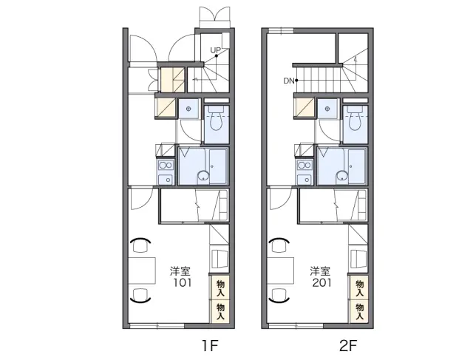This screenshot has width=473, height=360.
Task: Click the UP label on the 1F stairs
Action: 215,50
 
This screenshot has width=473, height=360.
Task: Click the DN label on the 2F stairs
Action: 289,81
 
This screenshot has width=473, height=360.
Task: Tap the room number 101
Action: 183,282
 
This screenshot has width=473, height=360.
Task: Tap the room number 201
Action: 322,282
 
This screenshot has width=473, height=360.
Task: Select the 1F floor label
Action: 210,345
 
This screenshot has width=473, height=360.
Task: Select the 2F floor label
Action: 348,345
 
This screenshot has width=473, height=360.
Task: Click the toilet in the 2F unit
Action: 355,118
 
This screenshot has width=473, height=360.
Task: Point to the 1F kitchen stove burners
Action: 166,165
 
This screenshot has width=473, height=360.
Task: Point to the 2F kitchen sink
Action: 304,180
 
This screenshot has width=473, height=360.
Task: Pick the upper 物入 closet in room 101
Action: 220,288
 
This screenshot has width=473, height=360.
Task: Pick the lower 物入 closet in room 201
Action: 359,312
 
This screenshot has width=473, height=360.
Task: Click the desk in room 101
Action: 142,271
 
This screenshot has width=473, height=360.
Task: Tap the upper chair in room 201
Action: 279,245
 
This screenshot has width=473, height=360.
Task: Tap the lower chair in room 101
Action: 140,295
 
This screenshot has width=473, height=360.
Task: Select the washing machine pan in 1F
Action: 189,109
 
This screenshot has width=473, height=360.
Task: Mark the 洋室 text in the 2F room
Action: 320,271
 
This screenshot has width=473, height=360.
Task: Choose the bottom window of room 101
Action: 156,325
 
